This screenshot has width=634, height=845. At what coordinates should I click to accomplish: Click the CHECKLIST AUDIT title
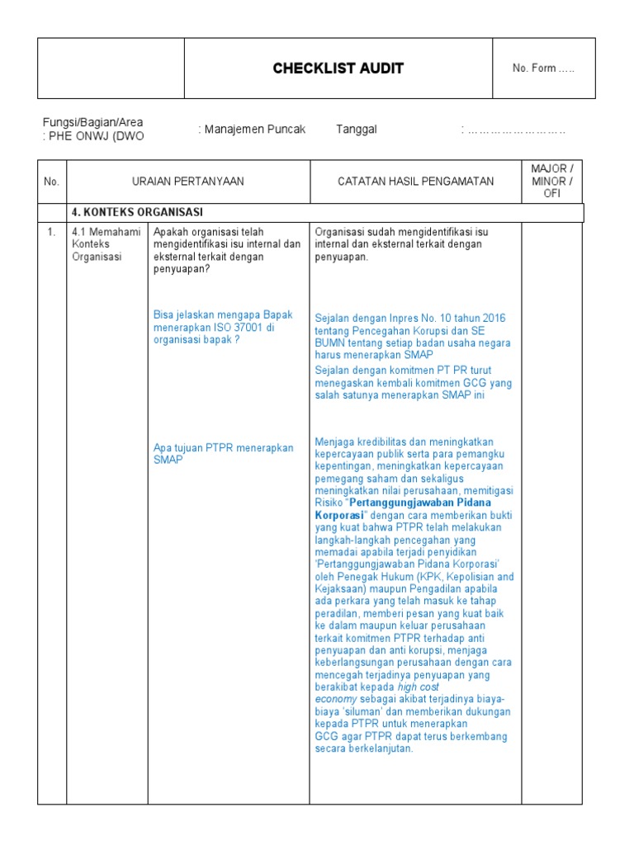tap(338, 68)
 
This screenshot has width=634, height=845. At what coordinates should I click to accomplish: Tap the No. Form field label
tap(543, 68)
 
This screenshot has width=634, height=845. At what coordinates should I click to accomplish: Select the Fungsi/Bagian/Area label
tap(92, 122)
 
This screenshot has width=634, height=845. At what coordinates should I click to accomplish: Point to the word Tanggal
tap(357, 130)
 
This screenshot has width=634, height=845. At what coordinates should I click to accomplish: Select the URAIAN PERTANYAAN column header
tap(188, 182)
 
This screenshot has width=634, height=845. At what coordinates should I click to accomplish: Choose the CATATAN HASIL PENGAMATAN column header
tap(415, 182)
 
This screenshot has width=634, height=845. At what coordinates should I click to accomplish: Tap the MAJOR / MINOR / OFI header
tap(551, 182)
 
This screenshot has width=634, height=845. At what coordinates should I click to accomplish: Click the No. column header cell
tap(52, 182)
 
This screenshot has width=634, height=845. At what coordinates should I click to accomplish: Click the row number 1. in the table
tap(51, 232)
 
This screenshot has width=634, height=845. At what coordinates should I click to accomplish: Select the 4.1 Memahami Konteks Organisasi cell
tap(97, 244)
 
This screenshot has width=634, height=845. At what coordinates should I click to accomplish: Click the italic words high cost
tap(419, 687)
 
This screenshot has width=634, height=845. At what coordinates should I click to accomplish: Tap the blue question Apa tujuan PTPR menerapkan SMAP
tap(223, 454)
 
